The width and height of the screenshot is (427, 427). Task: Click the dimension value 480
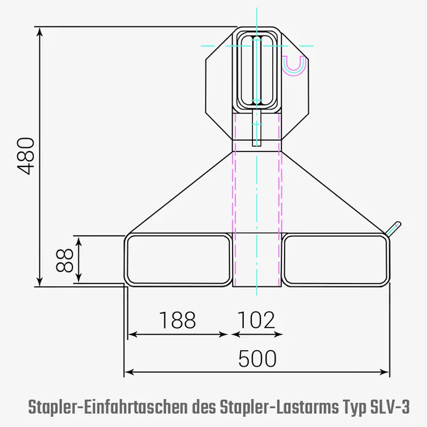point(26,155)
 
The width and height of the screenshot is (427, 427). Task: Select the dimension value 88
point(65,260)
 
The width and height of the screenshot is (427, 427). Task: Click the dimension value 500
point(257,359)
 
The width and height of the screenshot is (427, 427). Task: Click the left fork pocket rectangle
point(178,260)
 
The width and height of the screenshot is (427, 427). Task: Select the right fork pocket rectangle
point(335,260)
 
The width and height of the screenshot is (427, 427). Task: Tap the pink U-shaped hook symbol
point(294,66)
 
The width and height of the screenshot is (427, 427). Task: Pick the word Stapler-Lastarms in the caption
point(278,408)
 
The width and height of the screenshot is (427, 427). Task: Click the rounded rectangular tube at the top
point(257,69)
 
